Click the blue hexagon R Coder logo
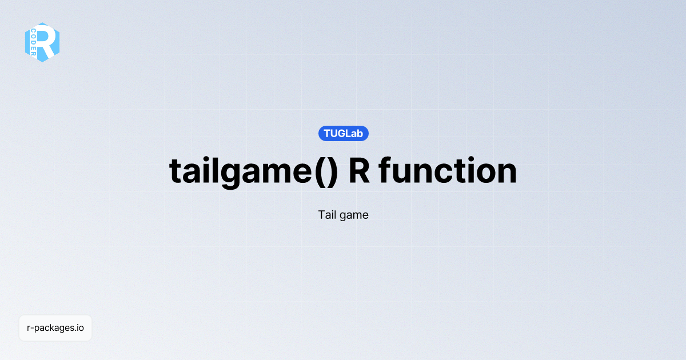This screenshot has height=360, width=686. coord(42,42)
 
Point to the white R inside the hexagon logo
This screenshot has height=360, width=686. coord(49,42)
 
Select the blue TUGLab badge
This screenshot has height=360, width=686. coord(343,134)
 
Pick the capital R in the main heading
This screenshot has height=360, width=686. coord(359,170)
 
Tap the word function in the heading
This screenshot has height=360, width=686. coord(448,170)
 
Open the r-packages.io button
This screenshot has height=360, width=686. coord(55,328)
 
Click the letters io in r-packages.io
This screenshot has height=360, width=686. coord(81,328)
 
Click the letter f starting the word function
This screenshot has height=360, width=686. coord(384,170)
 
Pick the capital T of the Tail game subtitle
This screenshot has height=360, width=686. coord(321,215)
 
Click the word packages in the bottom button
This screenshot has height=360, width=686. coord(55,329)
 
